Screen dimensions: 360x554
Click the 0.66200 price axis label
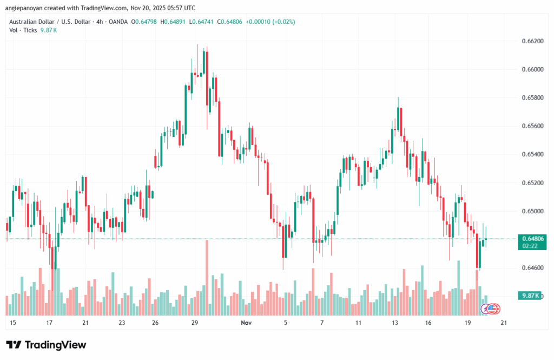tap(531, 41)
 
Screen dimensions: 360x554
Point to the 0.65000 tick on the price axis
tap(531, 211)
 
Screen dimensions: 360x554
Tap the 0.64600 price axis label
tap(531, 268)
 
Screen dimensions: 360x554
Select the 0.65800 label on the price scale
tap(531, 98)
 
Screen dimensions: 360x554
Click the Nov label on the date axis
tap(246, 323)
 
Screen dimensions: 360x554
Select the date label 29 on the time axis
tap(194, 323)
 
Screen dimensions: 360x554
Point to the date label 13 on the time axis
tap(395, 323)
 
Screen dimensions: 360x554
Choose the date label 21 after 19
tap(503, 323)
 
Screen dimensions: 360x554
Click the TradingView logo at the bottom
tap(46, 345)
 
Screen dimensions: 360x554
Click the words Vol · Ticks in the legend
tap(22, 30)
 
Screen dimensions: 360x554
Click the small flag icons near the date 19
tap(491, 309)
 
